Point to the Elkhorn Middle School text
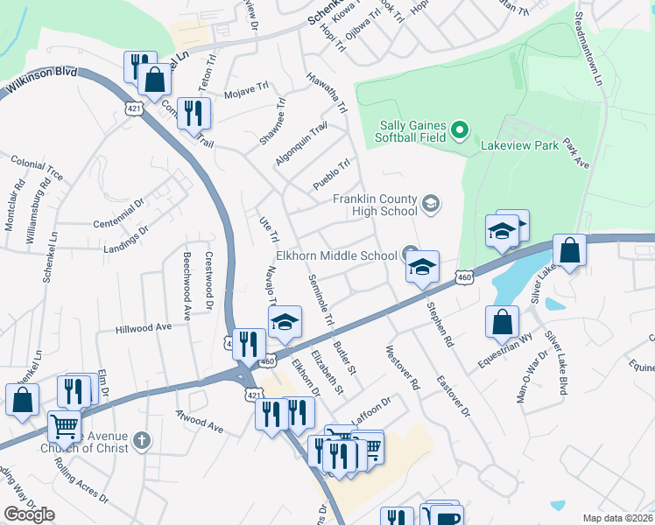[336, 256]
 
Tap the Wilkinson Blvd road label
[39, 83]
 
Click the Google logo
[29, 514]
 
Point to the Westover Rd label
[404, 367]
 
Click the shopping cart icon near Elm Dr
[64, 427]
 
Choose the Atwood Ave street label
[199, 422]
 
